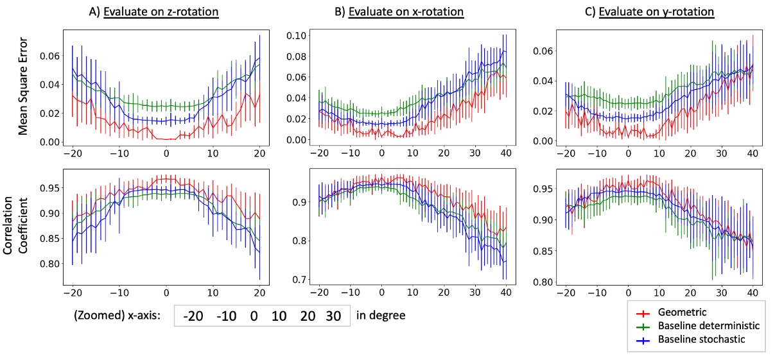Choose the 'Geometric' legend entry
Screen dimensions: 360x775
pyautogui.click(x=683, y=313)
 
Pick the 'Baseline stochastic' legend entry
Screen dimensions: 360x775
pyautogui.click(x=702, y=339)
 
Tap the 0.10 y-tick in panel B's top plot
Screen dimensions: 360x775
pyautogui.click(x=296, y=35)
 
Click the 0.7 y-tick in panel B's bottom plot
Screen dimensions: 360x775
pyautogui.click(x=299, y=280)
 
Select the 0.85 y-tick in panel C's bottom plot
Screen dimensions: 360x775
pyautogui.click(x=544, y=251)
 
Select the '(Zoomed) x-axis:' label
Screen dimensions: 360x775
pyautogui.click(x=121, y=316)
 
